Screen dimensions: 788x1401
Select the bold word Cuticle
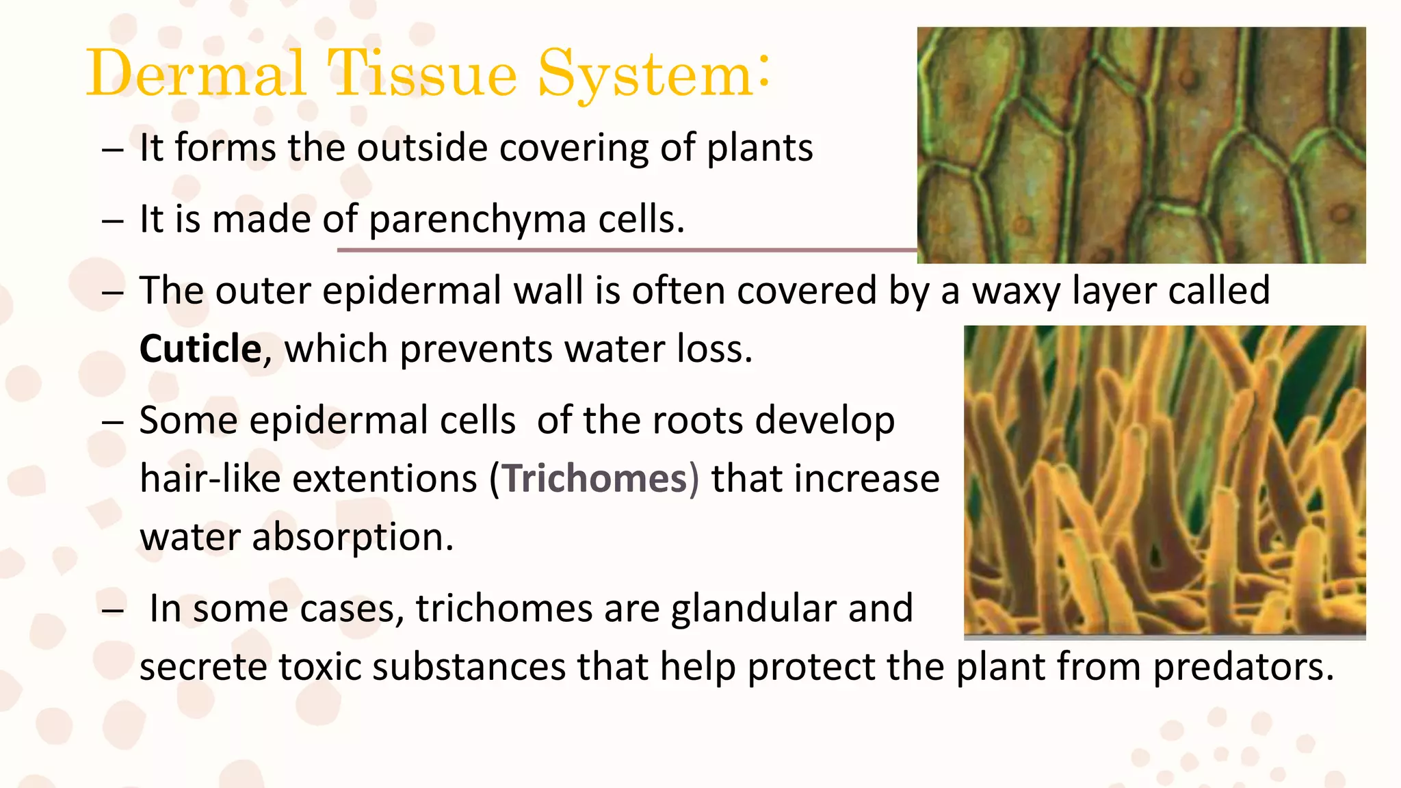coord(200,349)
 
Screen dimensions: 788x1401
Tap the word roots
coord(697,420)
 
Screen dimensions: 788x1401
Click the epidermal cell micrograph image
coord(1141,145)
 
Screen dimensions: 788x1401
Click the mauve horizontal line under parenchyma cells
coord(626,250)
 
